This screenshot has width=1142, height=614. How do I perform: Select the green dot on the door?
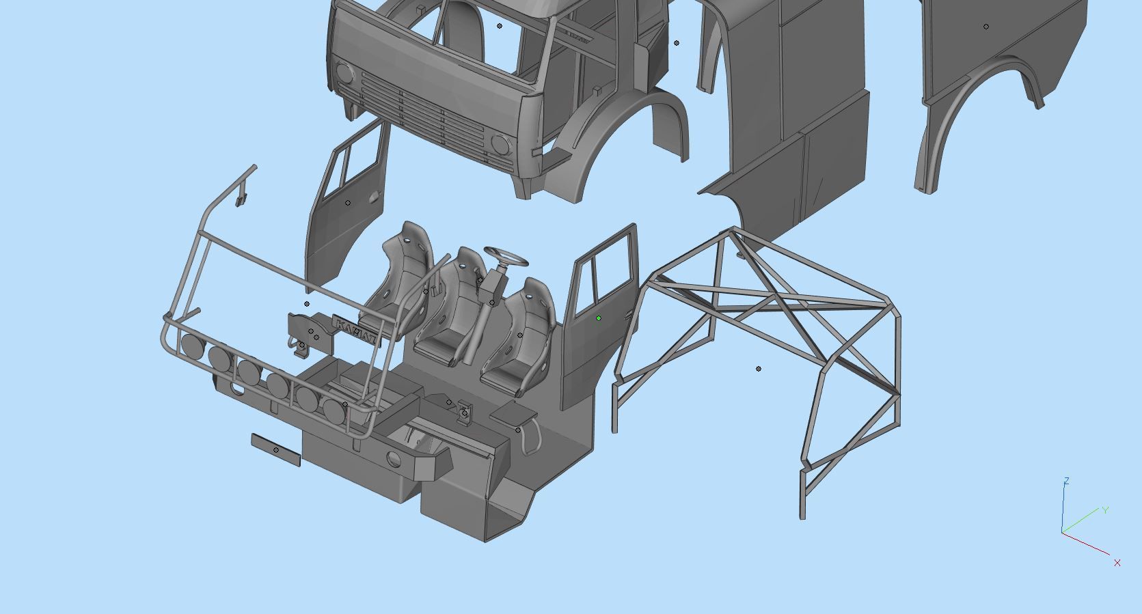(599, 318)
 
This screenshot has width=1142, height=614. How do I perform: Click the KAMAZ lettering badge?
(354, 331)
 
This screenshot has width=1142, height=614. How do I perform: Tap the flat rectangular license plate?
(275, 449)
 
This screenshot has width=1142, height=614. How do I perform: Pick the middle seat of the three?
(451, 307)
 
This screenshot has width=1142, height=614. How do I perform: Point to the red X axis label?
(1117, 563)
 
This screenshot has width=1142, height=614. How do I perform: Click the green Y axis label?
(1105, 510)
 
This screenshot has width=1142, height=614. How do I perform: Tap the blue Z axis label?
(1066, 482)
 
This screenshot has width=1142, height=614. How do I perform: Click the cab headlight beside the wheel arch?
(501, 145)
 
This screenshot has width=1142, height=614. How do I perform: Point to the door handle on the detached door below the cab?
(373, 198)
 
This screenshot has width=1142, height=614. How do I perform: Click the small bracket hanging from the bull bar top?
(240, 199)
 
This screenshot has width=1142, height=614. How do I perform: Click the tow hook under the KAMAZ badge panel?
(301, 350)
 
